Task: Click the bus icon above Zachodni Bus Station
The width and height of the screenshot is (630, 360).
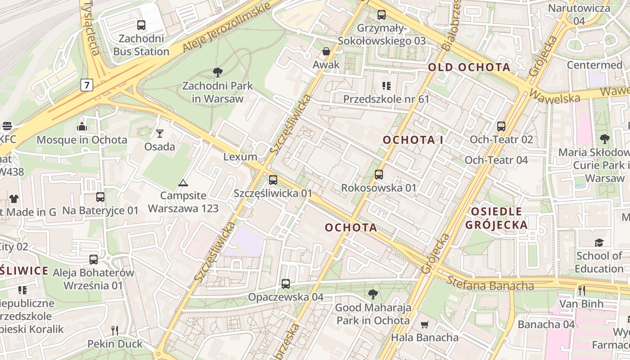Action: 141,25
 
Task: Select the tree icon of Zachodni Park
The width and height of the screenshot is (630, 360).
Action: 218,72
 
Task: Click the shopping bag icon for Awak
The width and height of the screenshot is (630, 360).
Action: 326,51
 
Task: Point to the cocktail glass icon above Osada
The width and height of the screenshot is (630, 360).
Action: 160,133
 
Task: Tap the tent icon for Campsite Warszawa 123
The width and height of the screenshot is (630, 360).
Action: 183,183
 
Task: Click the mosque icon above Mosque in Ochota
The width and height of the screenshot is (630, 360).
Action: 82,126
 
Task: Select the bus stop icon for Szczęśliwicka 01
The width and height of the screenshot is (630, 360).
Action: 273,180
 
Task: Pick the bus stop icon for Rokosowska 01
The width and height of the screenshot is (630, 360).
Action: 379,174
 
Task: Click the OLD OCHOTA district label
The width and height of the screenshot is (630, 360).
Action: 469,67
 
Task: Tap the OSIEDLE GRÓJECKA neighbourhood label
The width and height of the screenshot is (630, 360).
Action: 496,218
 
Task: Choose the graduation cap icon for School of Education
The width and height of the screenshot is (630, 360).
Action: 599,243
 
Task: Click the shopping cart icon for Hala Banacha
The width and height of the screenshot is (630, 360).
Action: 424,324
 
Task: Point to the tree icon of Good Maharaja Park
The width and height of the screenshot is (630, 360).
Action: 373,295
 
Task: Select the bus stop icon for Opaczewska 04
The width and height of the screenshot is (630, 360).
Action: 286,284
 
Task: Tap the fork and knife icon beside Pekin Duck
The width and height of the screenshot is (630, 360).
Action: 115,331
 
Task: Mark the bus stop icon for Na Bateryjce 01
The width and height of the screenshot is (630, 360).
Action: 100,197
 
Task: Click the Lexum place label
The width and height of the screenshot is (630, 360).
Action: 240,157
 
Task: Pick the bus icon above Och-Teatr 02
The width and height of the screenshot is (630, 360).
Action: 501,126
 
